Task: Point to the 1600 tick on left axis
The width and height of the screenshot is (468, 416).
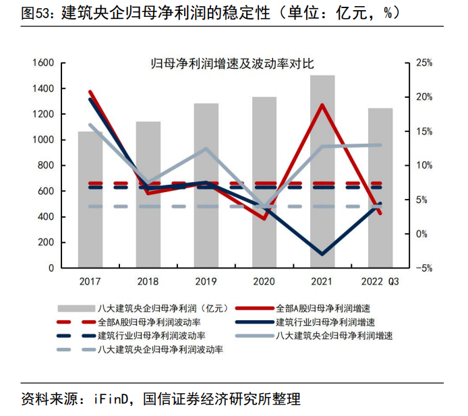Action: (x=42, y=63)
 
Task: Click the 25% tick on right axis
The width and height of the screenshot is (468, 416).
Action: (x=423, y=63)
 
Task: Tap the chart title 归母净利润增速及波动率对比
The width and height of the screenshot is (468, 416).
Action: (x=232, y=64)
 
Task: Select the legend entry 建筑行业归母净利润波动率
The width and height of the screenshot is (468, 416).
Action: (x=152, y=335)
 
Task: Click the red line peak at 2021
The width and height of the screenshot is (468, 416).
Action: (x=322, y=105)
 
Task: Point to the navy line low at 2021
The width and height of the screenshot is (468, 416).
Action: (x=322, y=254)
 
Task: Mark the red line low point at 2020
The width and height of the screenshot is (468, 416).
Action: (x=264, y=218)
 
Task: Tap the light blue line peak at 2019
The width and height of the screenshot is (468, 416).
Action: (x=206, y=148)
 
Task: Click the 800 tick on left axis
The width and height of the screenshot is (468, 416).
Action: (x=45, y=166)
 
